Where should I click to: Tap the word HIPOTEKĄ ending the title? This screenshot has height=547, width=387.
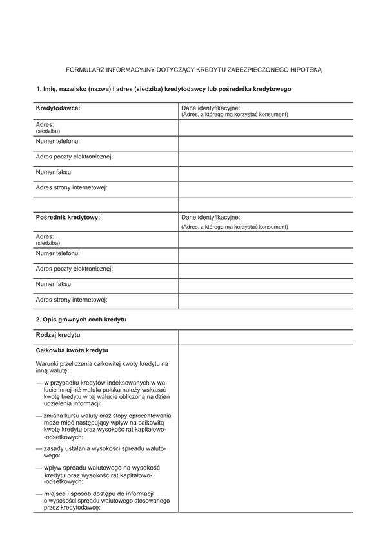point(305,68)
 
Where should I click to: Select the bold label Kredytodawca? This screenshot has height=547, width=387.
point(58,108)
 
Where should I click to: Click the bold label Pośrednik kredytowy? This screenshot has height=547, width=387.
point(68,218)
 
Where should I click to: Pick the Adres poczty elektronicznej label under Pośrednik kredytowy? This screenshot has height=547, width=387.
point(74,268)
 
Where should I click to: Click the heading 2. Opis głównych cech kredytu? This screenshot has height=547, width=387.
point(81,320)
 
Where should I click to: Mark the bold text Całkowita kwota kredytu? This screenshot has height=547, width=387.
point(72,350)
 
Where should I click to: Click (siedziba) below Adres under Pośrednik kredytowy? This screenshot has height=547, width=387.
point(48,243)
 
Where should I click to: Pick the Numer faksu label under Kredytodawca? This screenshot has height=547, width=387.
point(54,172)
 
